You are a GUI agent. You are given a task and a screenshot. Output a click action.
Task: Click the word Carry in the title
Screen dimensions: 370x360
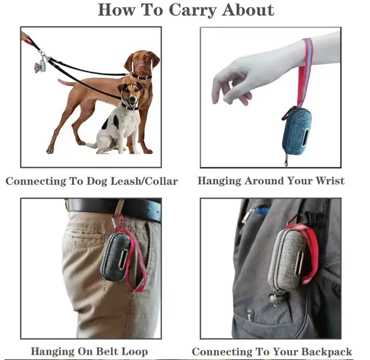(x=193, y=10)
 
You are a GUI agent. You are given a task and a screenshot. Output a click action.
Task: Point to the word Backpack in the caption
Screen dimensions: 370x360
(x=326, y=352)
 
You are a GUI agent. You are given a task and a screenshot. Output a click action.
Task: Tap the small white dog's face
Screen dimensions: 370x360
(x=130, y=95)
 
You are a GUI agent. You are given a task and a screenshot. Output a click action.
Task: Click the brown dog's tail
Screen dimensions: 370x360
(x=66, y=83)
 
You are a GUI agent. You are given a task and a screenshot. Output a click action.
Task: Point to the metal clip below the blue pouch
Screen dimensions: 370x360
(x=286, y=160)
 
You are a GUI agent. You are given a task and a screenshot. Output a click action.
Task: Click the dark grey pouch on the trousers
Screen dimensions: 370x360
(x=115, y=257)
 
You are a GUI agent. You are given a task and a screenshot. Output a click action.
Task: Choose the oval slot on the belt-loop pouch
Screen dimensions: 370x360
(x=123, y=260)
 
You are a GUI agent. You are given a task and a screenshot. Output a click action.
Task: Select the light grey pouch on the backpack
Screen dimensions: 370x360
(x=286, y=260)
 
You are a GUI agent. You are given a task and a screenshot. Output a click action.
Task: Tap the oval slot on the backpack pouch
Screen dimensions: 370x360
(x=301, y=261)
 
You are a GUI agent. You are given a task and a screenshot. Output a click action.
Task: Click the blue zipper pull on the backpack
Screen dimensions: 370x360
(x=261, y=210)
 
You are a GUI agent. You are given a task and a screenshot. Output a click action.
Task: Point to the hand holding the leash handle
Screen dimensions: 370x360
(x=24, y=36)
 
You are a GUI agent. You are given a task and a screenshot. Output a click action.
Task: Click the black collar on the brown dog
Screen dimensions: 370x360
(x=141, y=77)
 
